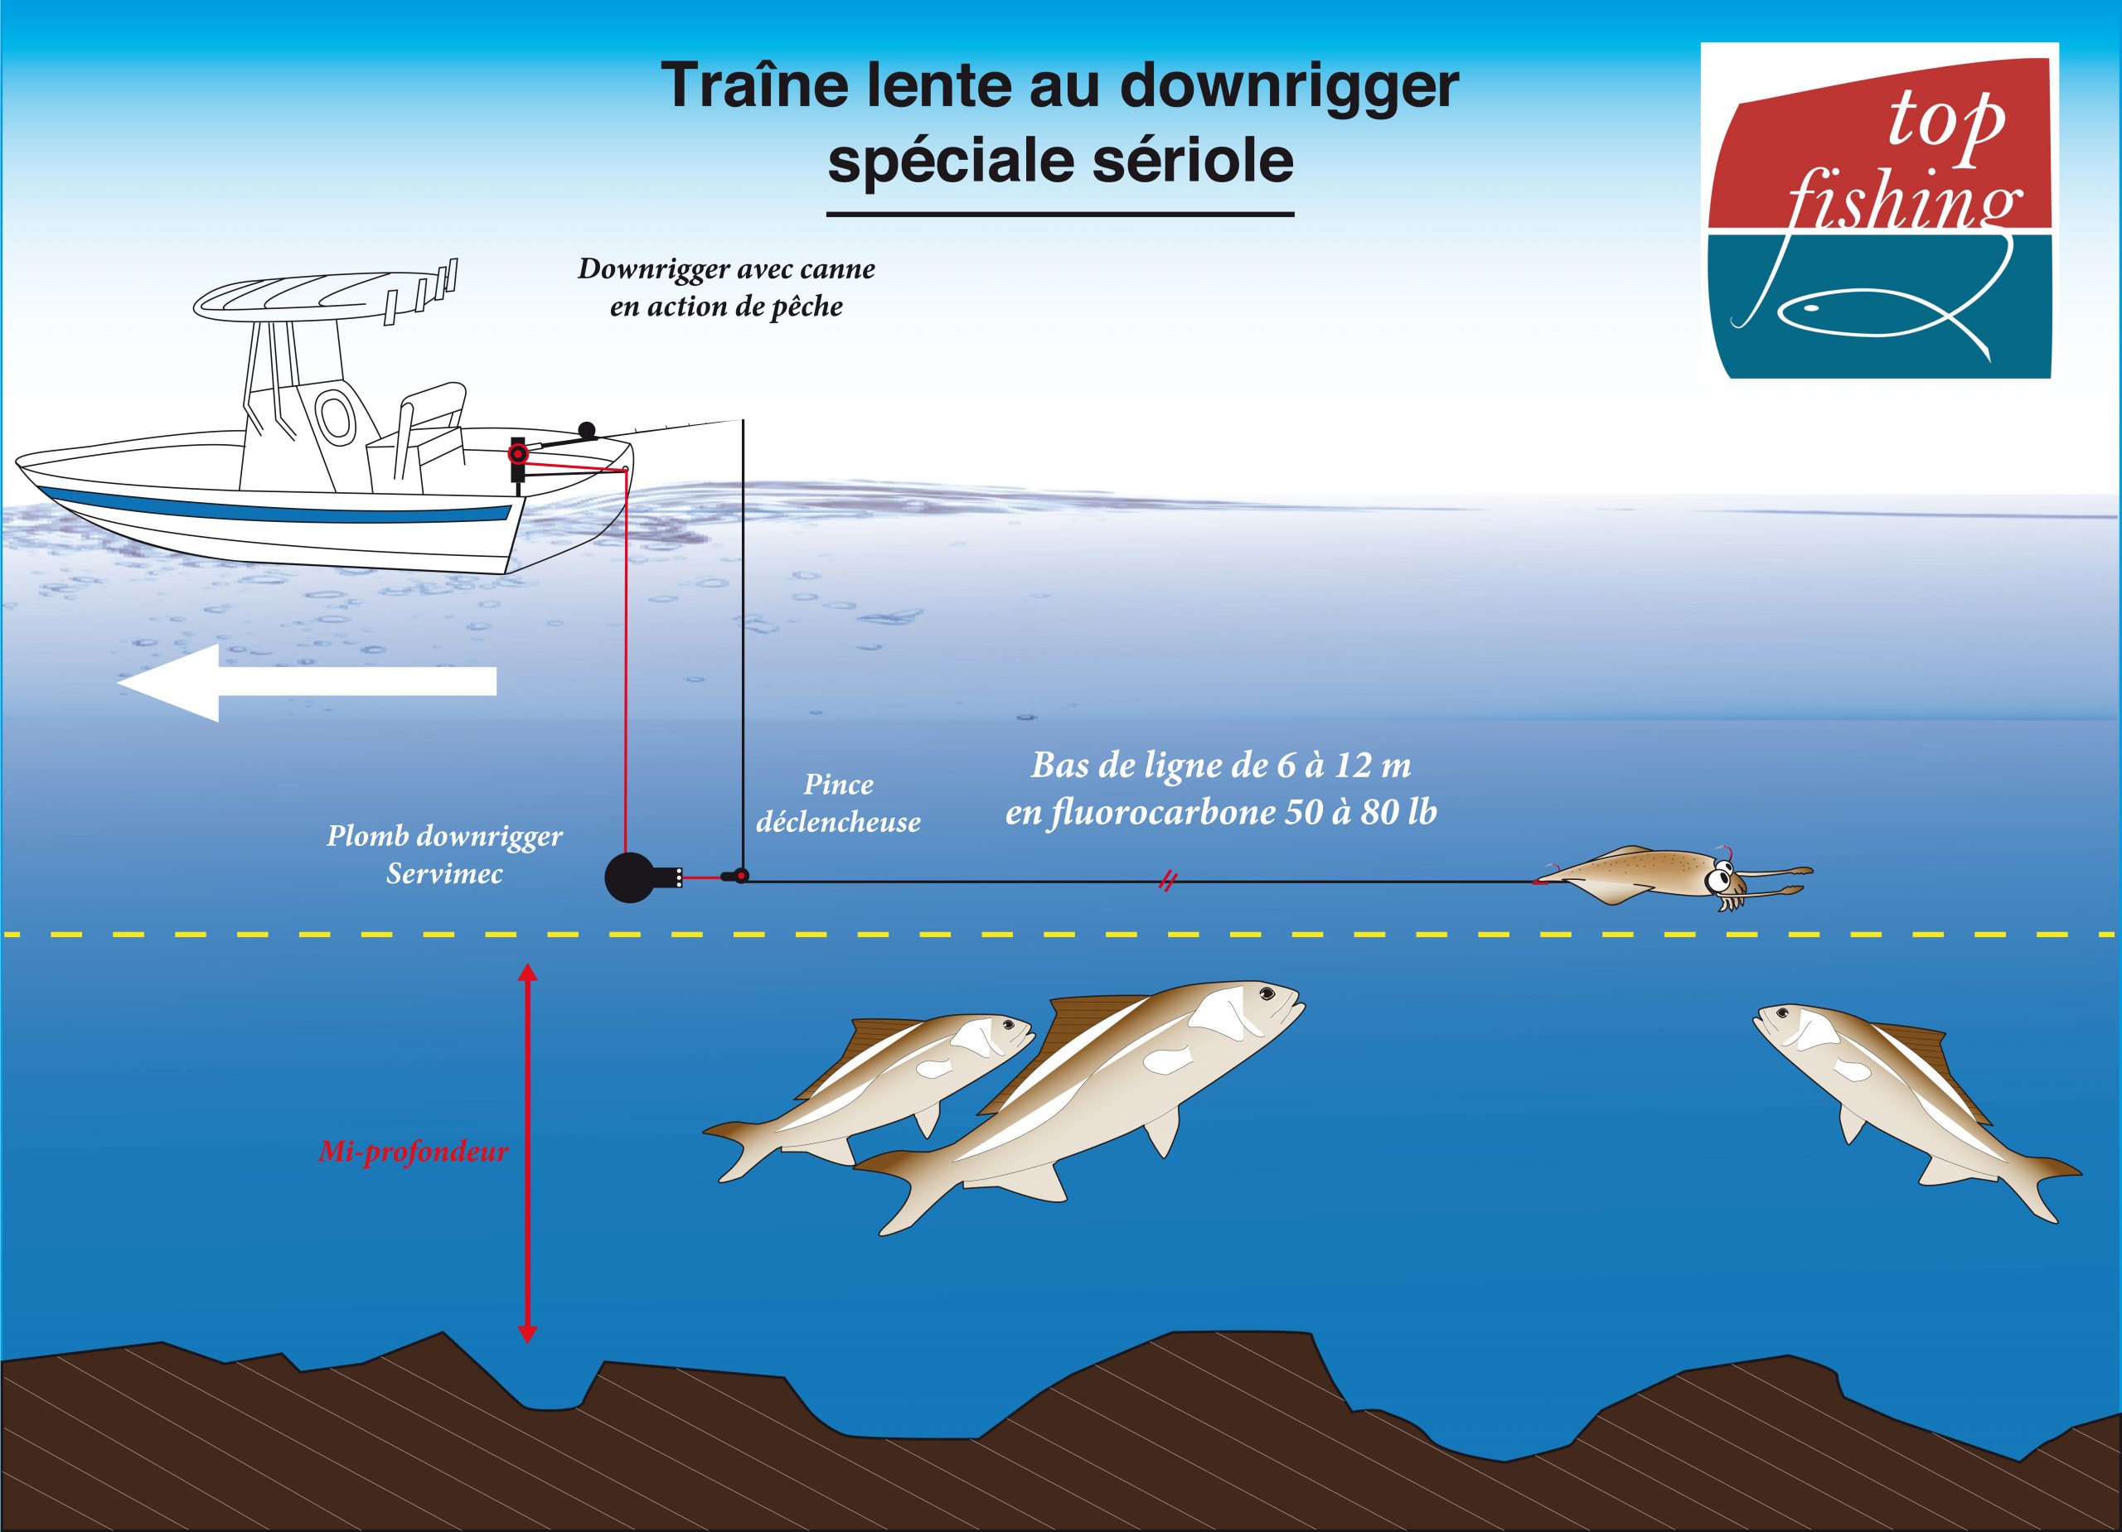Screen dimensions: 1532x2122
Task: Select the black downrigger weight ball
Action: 632,877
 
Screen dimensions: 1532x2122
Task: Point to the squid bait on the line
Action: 1674,873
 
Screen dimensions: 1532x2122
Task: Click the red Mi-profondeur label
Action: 413,1152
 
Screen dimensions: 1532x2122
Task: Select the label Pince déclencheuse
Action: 837,804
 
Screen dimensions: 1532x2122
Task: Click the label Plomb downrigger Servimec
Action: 444,854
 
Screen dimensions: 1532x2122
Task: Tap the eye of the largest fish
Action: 1266,993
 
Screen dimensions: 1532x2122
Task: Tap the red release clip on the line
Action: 739,877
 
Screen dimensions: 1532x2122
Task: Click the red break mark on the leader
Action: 1167,881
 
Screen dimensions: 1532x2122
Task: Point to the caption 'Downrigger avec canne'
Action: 726,269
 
